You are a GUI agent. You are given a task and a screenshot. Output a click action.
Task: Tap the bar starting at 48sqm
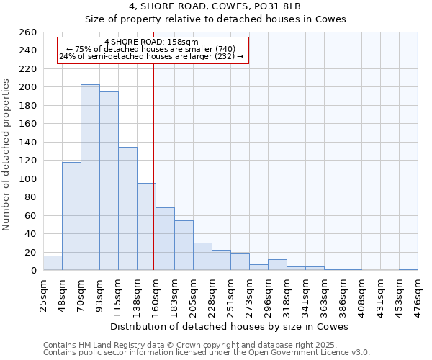point(71,216)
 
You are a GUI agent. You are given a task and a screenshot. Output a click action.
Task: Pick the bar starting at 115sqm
point(127,209)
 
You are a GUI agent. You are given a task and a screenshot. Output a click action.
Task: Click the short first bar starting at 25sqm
point(53,264)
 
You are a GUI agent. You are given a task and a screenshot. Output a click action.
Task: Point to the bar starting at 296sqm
point(277,265)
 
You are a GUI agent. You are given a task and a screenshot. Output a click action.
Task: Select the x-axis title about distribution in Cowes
point(230,326)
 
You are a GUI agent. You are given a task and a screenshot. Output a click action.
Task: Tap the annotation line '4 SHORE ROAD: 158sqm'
point(151,42)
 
